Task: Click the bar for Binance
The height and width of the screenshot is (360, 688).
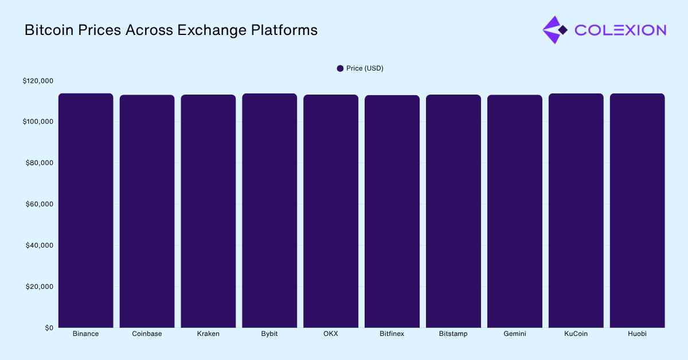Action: [x=85, y=210]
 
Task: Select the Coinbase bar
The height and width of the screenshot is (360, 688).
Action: [x=147, y=211]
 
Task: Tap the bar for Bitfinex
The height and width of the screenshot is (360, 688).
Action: [x=392, y=211]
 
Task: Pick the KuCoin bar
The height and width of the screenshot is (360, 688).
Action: [x=576, y=210]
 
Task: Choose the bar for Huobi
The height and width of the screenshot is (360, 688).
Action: [x=637, y=210]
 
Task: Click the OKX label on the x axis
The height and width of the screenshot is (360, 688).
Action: [x=331, y=334]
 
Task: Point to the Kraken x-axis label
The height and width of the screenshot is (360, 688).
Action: [x=208, y=334]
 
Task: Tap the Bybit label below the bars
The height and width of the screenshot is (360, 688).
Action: [x=269, y=334]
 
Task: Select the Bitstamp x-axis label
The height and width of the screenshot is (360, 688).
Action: [x=453, y=334]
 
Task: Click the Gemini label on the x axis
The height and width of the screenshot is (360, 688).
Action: [x=514, y=334]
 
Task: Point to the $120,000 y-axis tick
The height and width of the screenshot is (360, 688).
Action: [x=38, y=81]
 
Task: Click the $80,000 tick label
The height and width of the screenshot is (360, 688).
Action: [x=40, y=163]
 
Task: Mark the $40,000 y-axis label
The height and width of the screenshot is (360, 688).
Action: [x=40, y=245]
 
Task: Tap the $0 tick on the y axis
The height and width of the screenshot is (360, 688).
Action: [x=49, y=328]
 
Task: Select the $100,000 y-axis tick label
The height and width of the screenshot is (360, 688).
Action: [x=38, y=122]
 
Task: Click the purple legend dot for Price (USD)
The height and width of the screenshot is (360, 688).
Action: [x=340, y=68]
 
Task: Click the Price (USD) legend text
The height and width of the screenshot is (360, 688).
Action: [x=365, y=68]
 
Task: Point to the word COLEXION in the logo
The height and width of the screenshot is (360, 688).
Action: [x=620, y=30]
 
